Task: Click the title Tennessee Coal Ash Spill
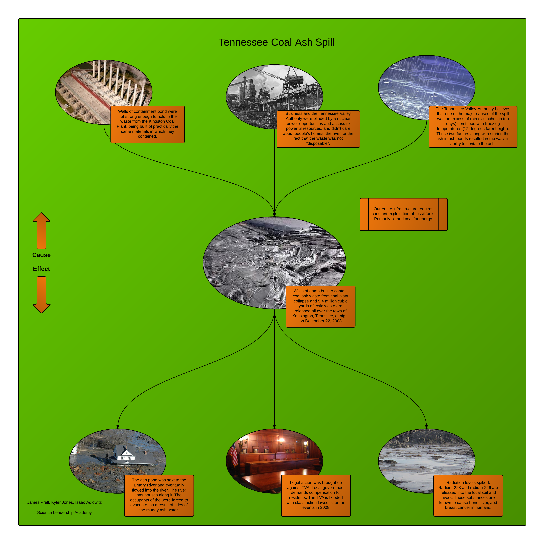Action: click(276, 42)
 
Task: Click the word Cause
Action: click(42, 255)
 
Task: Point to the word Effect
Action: click(42, 269)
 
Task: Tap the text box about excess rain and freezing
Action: click(473, 127)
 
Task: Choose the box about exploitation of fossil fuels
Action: click(403, 214)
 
